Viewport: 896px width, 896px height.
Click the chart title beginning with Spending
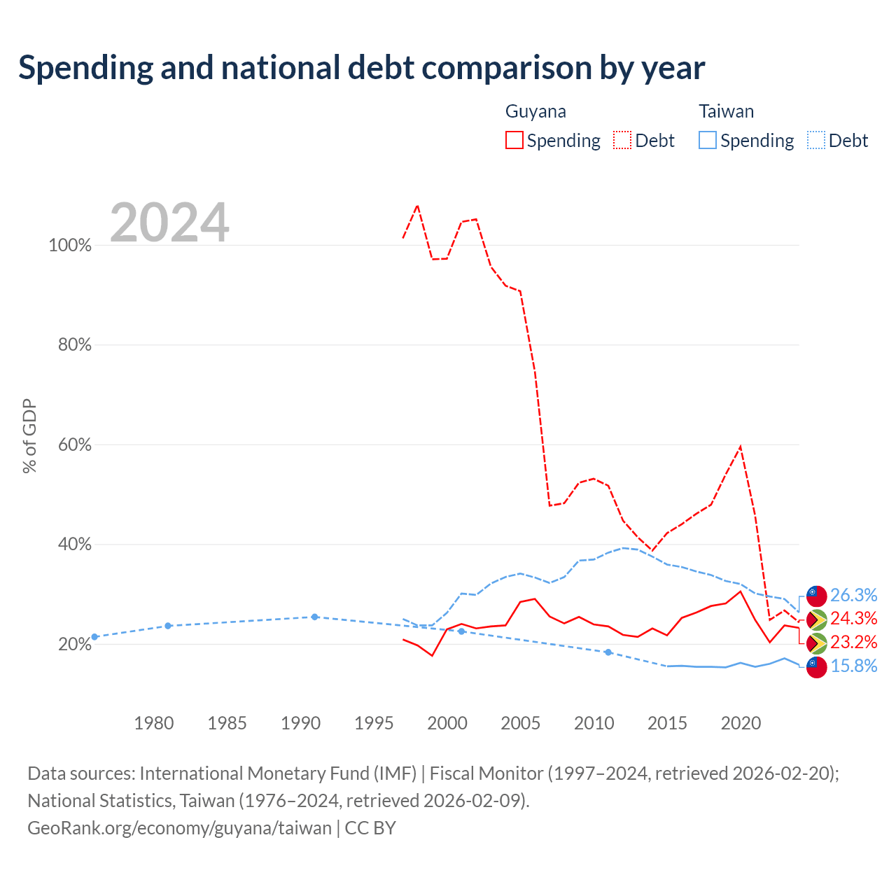point(361,68)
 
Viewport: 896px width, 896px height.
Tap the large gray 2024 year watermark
point(169,223)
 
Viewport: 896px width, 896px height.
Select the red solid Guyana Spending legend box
point(514,140)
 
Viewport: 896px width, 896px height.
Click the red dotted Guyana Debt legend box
point(622,140)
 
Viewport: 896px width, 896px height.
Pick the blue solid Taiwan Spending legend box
point(707,140)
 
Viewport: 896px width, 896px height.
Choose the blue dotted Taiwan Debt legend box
point(815,140)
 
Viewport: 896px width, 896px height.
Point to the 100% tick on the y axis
point(70,245)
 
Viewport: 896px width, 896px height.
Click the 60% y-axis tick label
point(74,444)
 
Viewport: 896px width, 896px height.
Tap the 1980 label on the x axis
point(154,723)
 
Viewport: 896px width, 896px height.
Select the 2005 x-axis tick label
point(520,723)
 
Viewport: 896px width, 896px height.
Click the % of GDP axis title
point(29,435)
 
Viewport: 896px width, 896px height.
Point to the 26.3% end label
point(853,595)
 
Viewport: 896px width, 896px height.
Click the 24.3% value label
point(853,618)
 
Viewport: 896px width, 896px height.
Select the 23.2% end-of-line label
point(853,642)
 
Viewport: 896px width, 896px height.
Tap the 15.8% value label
point(853,666)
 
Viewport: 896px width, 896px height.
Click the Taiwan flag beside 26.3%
point(816,596)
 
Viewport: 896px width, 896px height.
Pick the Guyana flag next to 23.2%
point(816,643)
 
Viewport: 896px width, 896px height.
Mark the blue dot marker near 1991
point(314,617)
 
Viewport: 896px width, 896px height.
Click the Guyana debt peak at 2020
point(740,447)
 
